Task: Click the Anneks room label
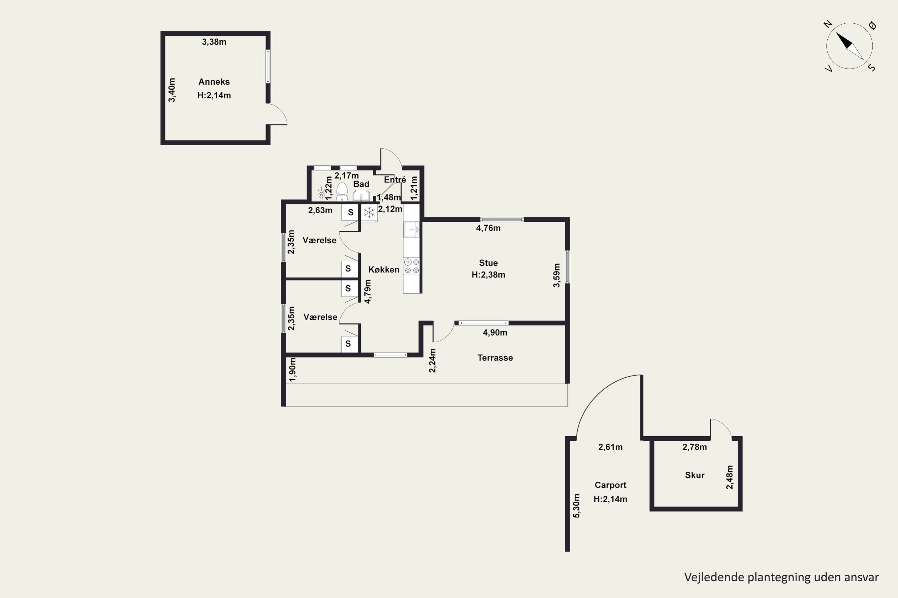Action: point(214,82)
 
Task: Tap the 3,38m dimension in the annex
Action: point(214,42)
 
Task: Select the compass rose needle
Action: point(850,46)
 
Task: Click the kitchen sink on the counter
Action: point(412,230)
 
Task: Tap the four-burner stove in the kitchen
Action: point(412,266)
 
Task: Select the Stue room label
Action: point(488,263)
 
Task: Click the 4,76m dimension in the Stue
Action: point(488,228)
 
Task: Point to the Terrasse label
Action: point(495,358)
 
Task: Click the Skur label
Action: point(694,475)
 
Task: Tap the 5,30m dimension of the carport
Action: point(577,506)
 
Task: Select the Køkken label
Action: point(384,270)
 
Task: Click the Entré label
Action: point(395,180)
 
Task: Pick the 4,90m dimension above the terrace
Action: point(495,332)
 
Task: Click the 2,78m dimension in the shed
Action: point(694,447)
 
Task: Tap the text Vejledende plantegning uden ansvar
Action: point(781,577)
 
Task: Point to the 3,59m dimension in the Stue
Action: point(557,275)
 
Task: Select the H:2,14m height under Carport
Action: point(610,499)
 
